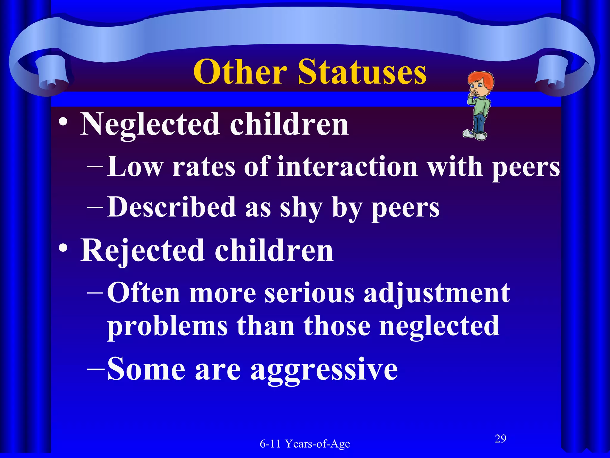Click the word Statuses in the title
pos(362,72)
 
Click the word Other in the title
pos(240,72)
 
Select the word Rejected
pos(143,251)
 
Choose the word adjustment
pos(437,293)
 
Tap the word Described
pos(172,207)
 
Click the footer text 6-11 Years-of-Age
pos(305,444)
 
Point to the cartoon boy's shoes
pos(475,135)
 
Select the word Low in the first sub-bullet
pos(135,167)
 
